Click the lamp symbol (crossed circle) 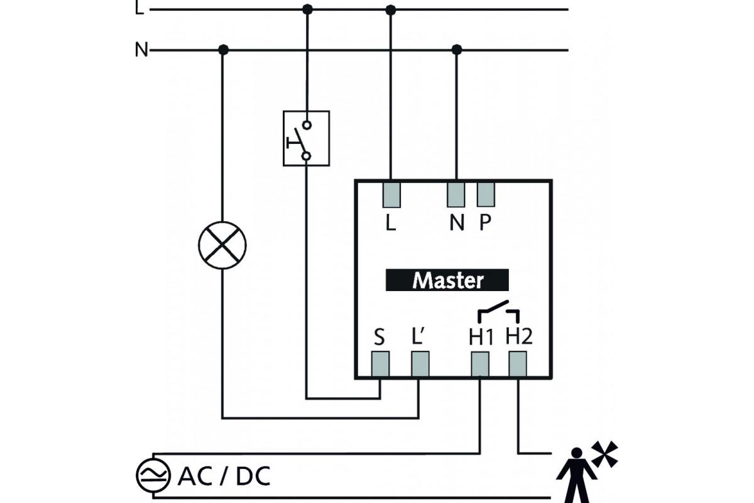222,245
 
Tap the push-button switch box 306,138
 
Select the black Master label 447,280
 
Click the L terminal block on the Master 391,194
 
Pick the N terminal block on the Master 456,194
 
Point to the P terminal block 486,194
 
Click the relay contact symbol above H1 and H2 499,311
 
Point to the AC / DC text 224,477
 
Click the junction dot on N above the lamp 222,50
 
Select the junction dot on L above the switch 307,9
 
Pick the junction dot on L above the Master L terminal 391,9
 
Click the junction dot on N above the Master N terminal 457,50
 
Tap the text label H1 481,338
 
